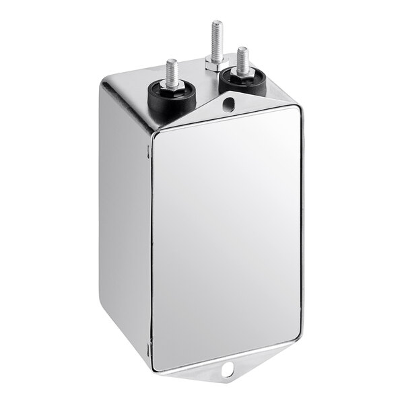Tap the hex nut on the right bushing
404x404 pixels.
[242, 71]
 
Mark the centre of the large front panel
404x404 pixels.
[226, 239]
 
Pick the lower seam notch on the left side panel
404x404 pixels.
[148, 346]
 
